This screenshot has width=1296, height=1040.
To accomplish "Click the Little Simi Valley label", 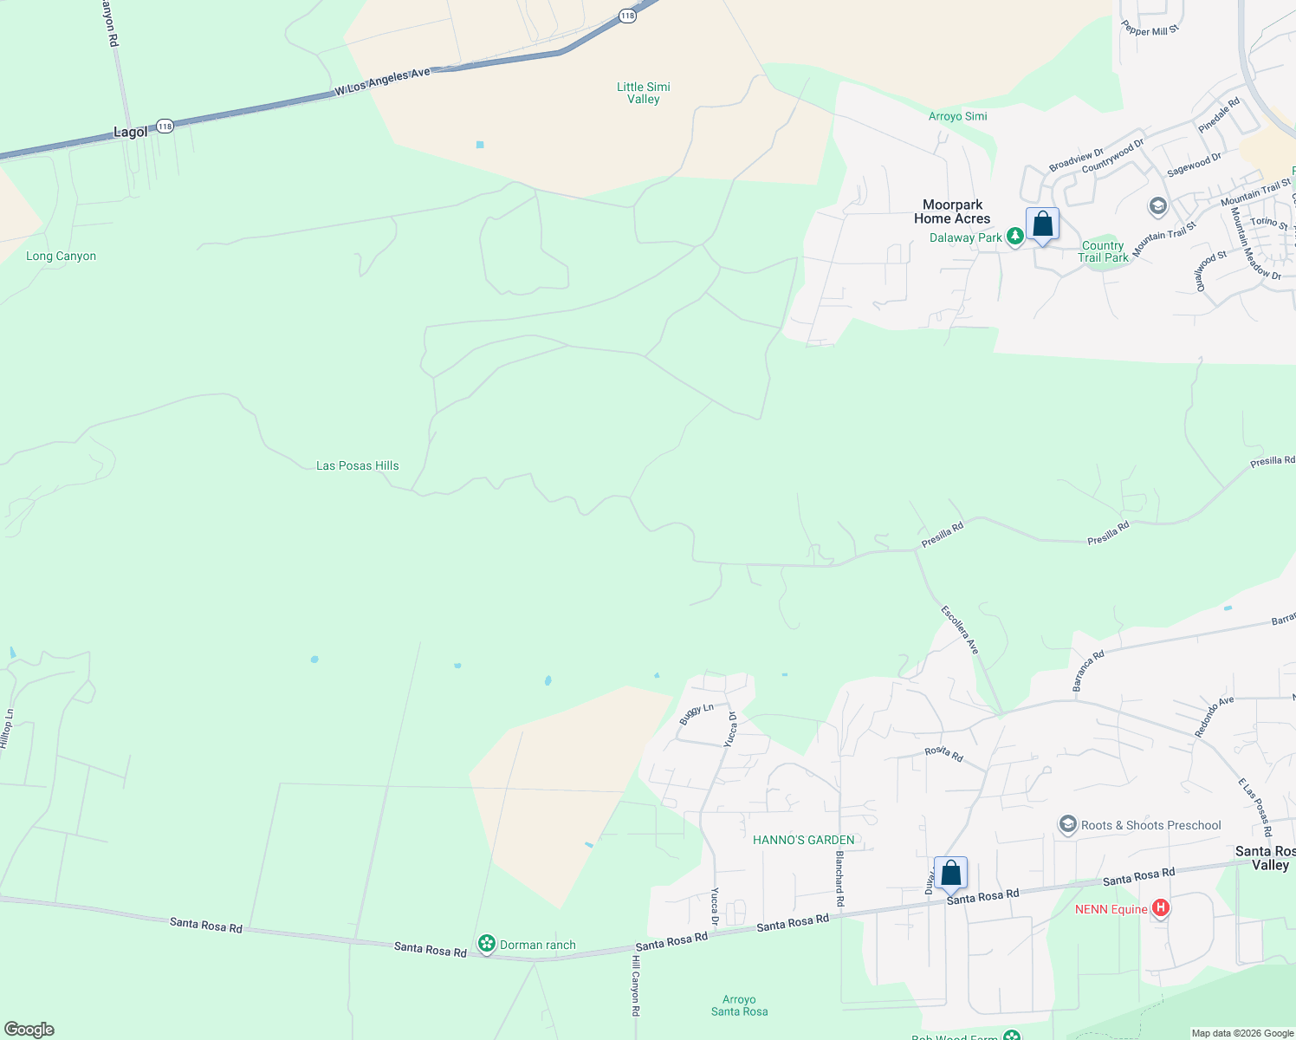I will point(643,93).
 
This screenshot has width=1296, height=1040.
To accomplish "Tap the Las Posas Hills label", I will point(357,465).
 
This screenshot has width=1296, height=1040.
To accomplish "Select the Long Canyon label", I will point(61,256).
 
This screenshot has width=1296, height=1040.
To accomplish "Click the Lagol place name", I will point(131,133).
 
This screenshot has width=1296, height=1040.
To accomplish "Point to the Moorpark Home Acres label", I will point(952,211).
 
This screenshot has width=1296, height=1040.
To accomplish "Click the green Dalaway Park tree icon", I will point(1014,237).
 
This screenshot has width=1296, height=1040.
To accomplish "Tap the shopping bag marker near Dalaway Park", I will point(1042,224).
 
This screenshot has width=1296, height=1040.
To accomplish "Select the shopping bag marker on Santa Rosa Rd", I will point(950,873).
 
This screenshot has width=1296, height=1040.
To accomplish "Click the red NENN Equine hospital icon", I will point(1161,909).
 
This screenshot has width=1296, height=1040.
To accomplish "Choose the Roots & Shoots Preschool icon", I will point(1068,824).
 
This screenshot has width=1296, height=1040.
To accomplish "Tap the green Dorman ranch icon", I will point(487,944).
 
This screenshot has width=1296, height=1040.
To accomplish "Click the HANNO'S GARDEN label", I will point(803,840).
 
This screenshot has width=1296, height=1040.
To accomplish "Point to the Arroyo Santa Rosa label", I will point(739,1005).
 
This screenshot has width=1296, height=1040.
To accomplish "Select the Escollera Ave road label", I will point(960,630).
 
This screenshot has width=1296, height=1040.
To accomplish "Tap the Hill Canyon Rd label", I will point(635,986).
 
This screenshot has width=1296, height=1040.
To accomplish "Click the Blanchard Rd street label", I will point(839,879).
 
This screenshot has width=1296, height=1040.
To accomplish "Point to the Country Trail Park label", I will point(1103,251).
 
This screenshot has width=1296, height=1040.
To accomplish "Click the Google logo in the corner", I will point(29,1030).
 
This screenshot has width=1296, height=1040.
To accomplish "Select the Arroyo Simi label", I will point(957,116).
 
